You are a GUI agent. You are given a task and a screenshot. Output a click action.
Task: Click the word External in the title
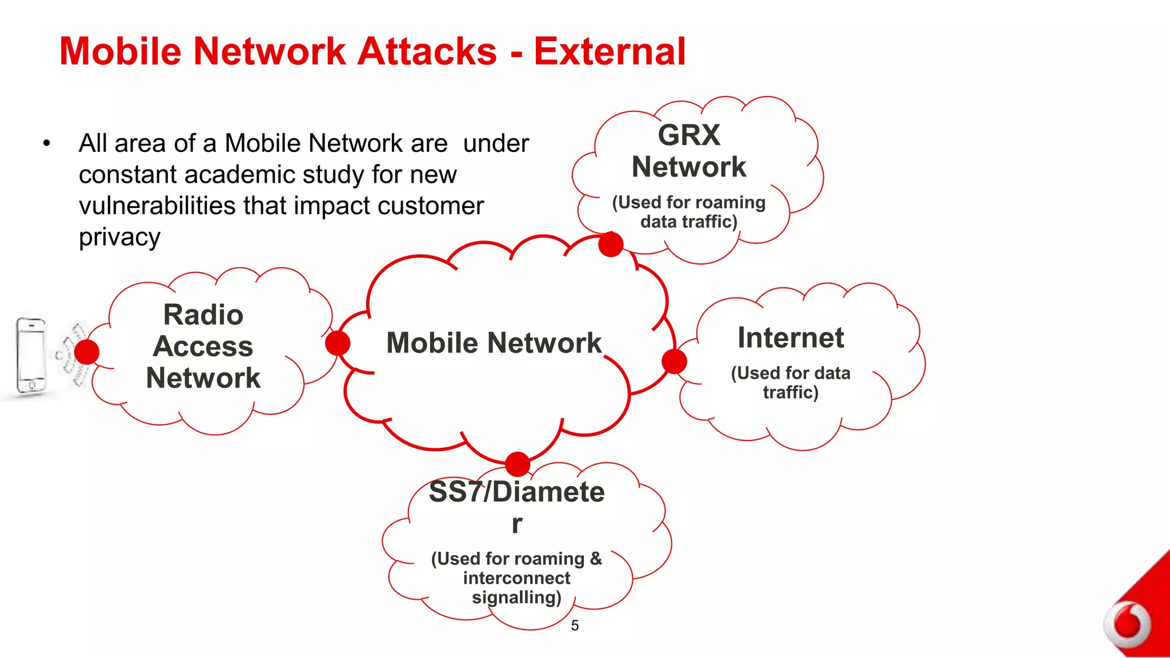610,51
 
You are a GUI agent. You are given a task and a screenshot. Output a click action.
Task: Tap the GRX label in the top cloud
689,135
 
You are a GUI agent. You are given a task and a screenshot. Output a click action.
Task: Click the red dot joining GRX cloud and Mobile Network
611,244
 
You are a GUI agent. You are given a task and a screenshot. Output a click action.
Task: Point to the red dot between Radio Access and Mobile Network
338,343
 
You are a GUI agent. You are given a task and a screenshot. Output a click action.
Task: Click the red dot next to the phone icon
87,352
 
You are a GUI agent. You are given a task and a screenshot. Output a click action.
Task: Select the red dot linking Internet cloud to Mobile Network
674,362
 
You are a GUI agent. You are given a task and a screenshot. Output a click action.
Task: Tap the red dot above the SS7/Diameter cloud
518,464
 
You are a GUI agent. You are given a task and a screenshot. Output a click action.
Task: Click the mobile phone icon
31,355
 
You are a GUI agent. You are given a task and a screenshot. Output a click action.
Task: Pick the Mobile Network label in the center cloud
494,343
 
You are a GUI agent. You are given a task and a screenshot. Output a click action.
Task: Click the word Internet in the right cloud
791,338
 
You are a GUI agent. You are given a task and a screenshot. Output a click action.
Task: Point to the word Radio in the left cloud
203,315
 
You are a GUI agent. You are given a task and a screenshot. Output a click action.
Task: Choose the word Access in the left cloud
203,346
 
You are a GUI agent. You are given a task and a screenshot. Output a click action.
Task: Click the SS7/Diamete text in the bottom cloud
516,492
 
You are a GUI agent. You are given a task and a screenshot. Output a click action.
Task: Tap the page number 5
575,625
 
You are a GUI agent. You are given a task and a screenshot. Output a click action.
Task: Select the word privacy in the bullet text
120,237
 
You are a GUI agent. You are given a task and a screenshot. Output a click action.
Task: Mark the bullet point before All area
47,143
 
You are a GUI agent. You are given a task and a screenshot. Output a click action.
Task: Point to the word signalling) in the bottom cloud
516,597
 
